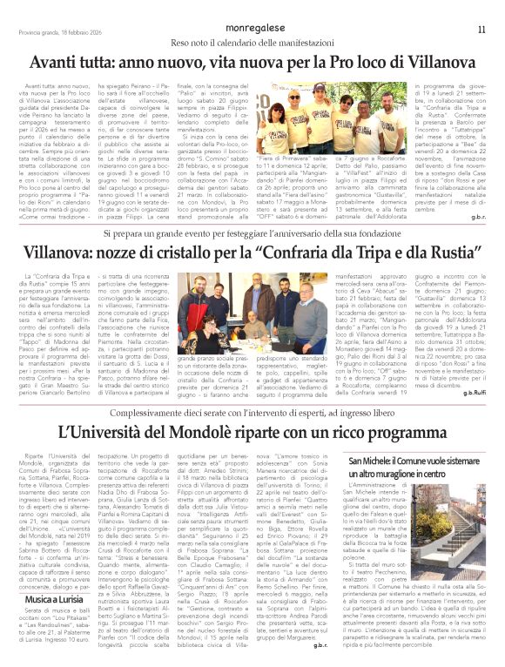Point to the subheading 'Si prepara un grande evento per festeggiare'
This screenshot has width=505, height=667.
pyautogui.click(x=252, y=234)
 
